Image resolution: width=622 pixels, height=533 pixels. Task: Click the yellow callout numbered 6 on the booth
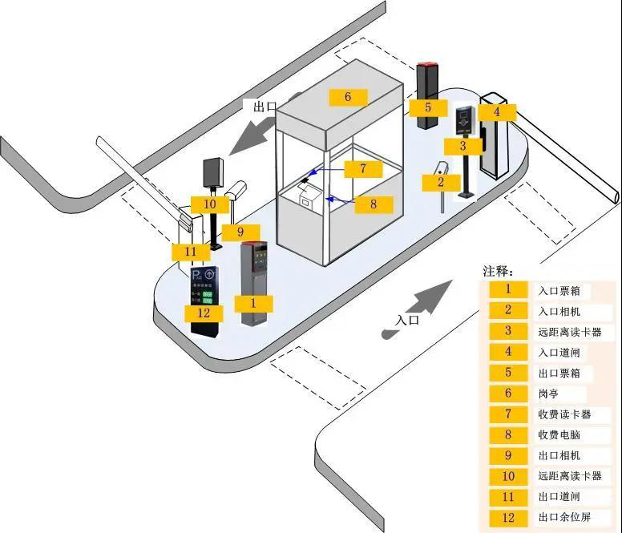tap(347, 97)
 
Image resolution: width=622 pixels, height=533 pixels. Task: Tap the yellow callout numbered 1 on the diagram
tap(253, 303)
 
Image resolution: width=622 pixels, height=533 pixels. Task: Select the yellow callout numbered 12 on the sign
tap(204, 313)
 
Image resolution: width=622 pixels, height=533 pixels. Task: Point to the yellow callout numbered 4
tap(496, 112)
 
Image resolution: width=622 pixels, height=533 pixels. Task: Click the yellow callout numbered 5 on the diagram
tap(428, 107)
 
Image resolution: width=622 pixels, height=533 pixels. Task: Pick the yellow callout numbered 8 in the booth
tap(373, 204)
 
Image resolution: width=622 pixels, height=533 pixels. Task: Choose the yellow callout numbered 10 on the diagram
tap(209, 204)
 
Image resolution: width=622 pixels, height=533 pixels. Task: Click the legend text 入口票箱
tap(559, 289)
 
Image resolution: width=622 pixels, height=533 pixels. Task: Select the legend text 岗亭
tap(549, 394)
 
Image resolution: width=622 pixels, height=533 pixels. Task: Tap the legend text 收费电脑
tap(559, 435)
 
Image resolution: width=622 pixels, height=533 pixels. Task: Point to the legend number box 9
tap(508, 456)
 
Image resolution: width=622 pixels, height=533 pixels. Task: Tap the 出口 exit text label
tap(265, 106)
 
